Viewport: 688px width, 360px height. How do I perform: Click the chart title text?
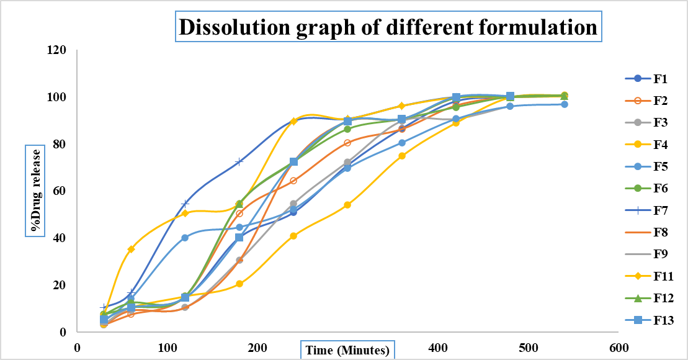[x=388, y=28]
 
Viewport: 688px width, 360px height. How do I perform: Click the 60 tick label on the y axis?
[x=60, y=191]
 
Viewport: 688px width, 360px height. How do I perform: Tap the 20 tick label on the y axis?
[x=60, y=286]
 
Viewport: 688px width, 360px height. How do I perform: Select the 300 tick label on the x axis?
[x=348, y=347]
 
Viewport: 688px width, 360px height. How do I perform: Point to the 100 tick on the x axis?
[x=168, y=347]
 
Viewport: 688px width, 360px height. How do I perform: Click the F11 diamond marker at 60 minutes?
[x=131, y=250]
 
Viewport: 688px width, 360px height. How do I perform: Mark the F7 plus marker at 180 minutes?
[x=239, y=162]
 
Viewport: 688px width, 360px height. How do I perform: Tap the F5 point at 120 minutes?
[x=185, y=238]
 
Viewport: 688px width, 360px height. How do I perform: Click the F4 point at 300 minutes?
[x=347, y=205]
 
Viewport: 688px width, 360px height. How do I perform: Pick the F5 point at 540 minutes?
[x=564, y=104]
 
